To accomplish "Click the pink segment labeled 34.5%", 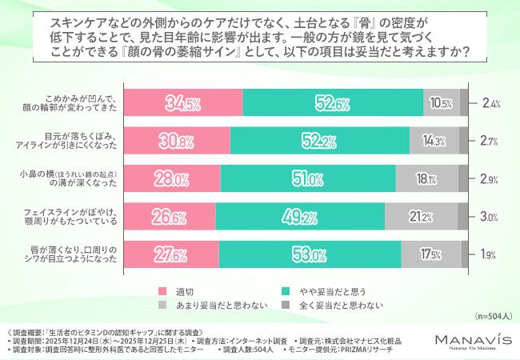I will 182,102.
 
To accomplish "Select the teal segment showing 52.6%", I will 333,102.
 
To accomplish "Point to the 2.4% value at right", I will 490,102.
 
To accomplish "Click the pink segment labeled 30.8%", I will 176,140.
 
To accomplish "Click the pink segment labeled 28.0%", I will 171,178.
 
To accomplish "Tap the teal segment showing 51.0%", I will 307,178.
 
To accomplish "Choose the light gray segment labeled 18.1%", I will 426,178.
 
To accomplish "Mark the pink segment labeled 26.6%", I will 169,215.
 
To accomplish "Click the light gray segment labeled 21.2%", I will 421,215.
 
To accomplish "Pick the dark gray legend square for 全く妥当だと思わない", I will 286,305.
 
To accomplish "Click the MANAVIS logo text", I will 472,338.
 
